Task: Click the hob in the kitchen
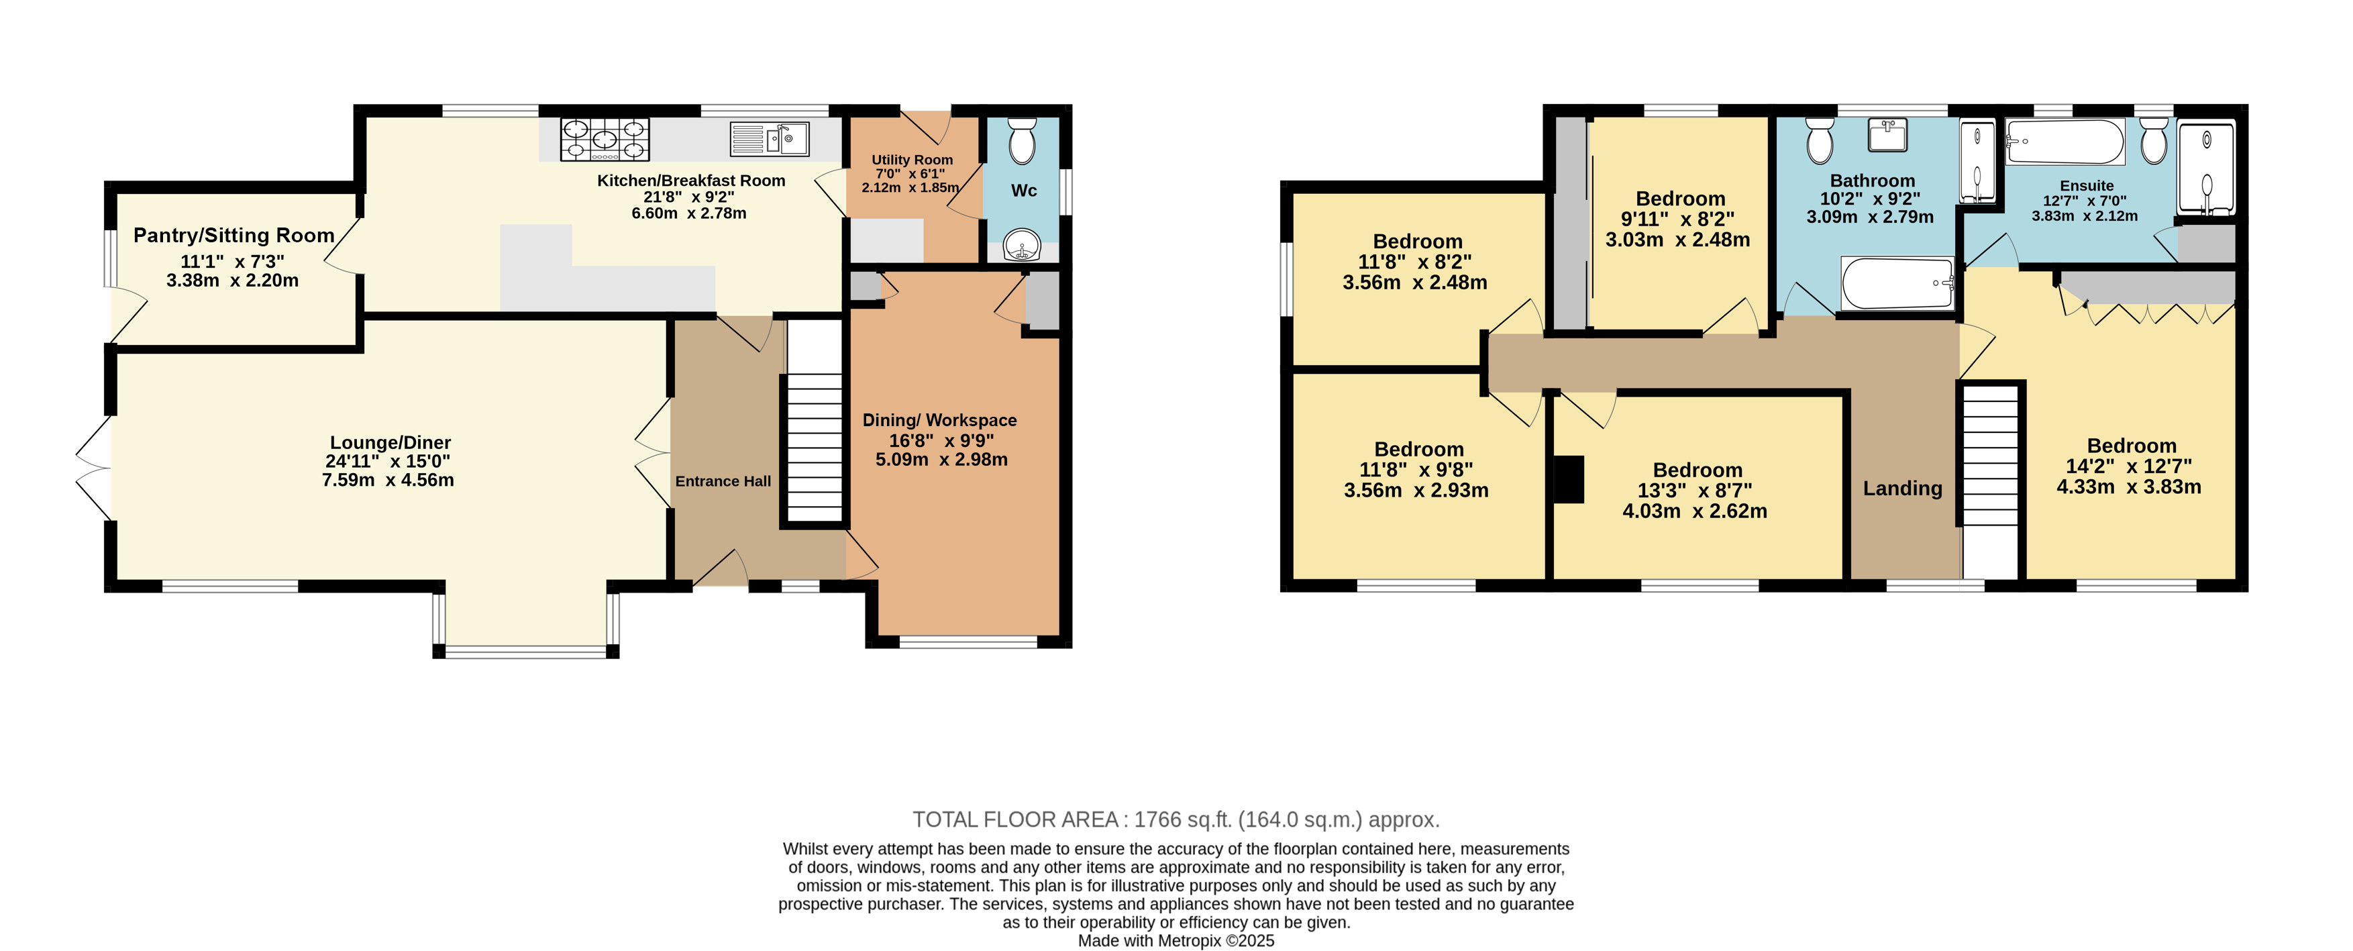[605, 140]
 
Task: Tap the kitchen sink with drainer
[769, 139]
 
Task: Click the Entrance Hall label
[723, 481]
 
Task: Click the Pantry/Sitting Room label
[234, 236]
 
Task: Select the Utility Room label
[912, 160]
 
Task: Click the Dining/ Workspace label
[940, 420]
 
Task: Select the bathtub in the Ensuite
[2064, 142]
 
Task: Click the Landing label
[1903, 489]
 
